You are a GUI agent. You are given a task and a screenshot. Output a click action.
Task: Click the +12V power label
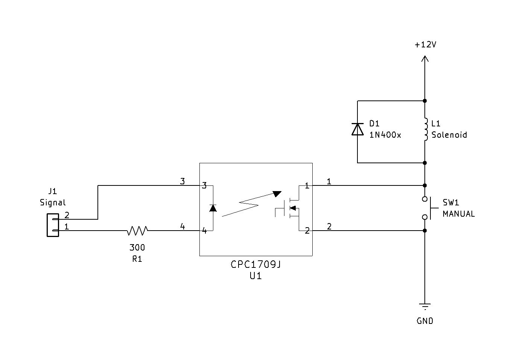[425, 45]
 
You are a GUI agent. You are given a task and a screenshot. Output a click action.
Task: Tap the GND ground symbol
[425, 306]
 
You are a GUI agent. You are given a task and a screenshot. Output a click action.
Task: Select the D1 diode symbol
[357, 129]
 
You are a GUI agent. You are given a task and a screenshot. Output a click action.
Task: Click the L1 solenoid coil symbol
[426, 130]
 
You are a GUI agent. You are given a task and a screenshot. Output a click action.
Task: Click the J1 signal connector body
[53, 225]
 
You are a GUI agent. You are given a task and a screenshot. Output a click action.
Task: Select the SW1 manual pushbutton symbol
[429, 208]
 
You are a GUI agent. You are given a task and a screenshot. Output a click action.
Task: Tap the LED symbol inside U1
[213, 208]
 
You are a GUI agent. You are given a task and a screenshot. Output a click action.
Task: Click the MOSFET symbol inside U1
[290, 208]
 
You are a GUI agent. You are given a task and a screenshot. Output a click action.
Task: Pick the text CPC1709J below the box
[256, 264]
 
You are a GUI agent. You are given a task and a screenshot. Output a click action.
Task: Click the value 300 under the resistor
[137, 248]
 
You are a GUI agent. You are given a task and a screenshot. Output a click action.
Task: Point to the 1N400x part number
[385, 135]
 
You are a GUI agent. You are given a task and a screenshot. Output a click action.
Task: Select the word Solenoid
[449, 135]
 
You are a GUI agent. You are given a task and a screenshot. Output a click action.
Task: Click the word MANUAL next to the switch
[458, 214]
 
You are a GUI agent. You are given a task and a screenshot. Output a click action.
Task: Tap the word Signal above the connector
[53, 202]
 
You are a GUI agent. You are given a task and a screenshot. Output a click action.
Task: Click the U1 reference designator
[255, 276]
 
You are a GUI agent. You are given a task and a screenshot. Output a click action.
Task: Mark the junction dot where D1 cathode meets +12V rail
[425, 101]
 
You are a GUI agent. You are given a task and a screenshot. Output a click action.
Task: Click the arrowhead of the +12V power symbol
[425, 58]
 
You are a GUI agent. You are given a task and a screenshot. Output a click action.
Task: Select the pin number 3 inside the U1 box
[204, 185]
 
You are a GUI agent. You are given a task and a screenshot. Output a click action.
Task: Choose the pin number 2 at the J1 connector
[67, 215]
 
